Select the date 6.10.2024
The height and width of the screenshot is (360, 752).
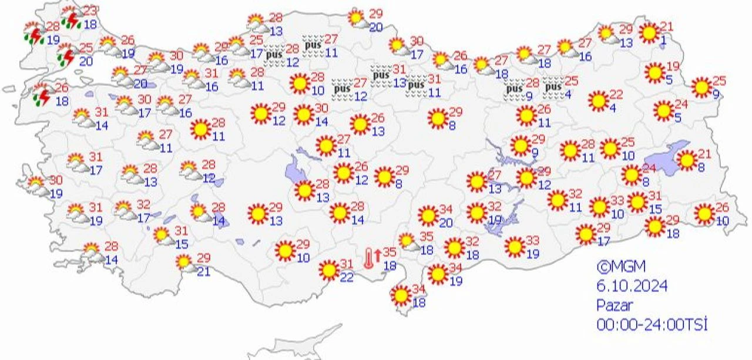click(x=632, y=286)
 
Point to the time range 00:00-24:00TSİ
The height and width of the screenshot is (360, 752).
click(x=652, y=324)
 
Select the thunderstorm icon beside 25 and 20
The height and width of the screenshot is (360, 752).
click(x=66, y=56)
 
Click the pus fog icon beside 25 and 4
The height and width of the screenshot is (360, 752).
click(x=552, y=88)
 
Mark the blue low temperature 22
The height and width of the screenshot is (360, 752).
click(x=347, y=277)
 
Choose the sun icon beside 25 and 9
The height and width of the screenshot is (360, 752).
click(x=701, y=87)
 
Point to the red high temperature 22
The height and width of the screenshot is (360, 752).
click(x=616, y=95)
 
